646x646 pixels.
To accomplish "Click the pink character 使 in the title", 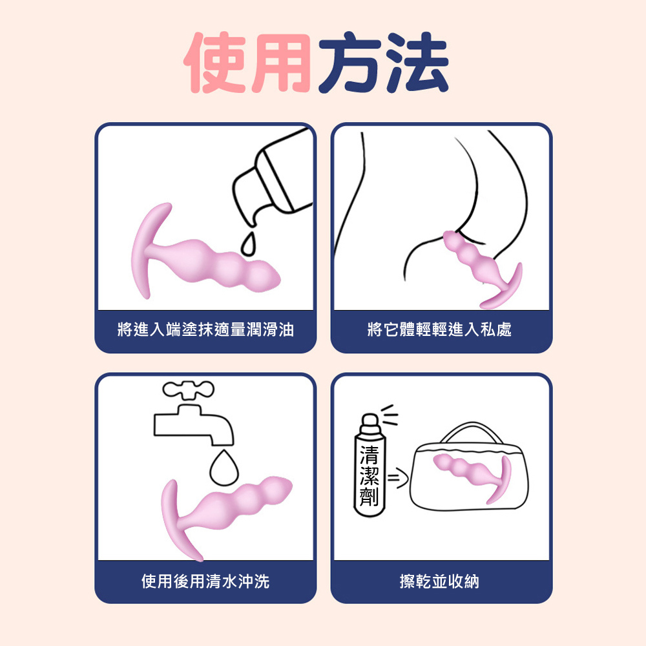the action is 216,62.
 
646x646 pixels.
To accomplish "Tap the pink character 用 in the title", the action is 281,63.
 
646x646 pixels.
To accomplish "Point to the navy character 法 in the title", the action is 417,62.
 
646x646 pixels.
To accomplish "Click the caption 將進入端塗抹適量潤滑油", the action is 205,329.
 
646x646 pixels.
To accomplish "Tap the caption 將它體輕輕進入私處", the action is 439,329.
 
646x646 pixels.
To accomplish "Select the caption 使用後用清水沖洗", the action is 205,581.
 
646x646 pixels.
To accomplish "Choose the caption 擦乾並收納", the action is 439,581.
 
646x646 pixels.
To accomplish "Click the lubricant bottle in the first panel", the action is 272,177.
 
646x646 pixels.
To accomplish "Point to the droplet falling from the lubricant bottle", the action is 248,244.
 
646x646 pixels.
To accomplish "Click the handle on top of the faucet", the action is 188,390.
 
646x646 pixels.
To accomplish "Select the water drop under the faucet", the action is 224,468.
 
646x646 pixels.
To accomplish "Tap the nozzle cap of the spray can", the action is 370,424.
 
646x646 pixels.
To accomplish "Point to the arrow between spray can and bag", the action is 397,478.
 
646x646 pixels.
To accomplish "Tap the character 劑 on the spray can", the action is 370,496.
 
